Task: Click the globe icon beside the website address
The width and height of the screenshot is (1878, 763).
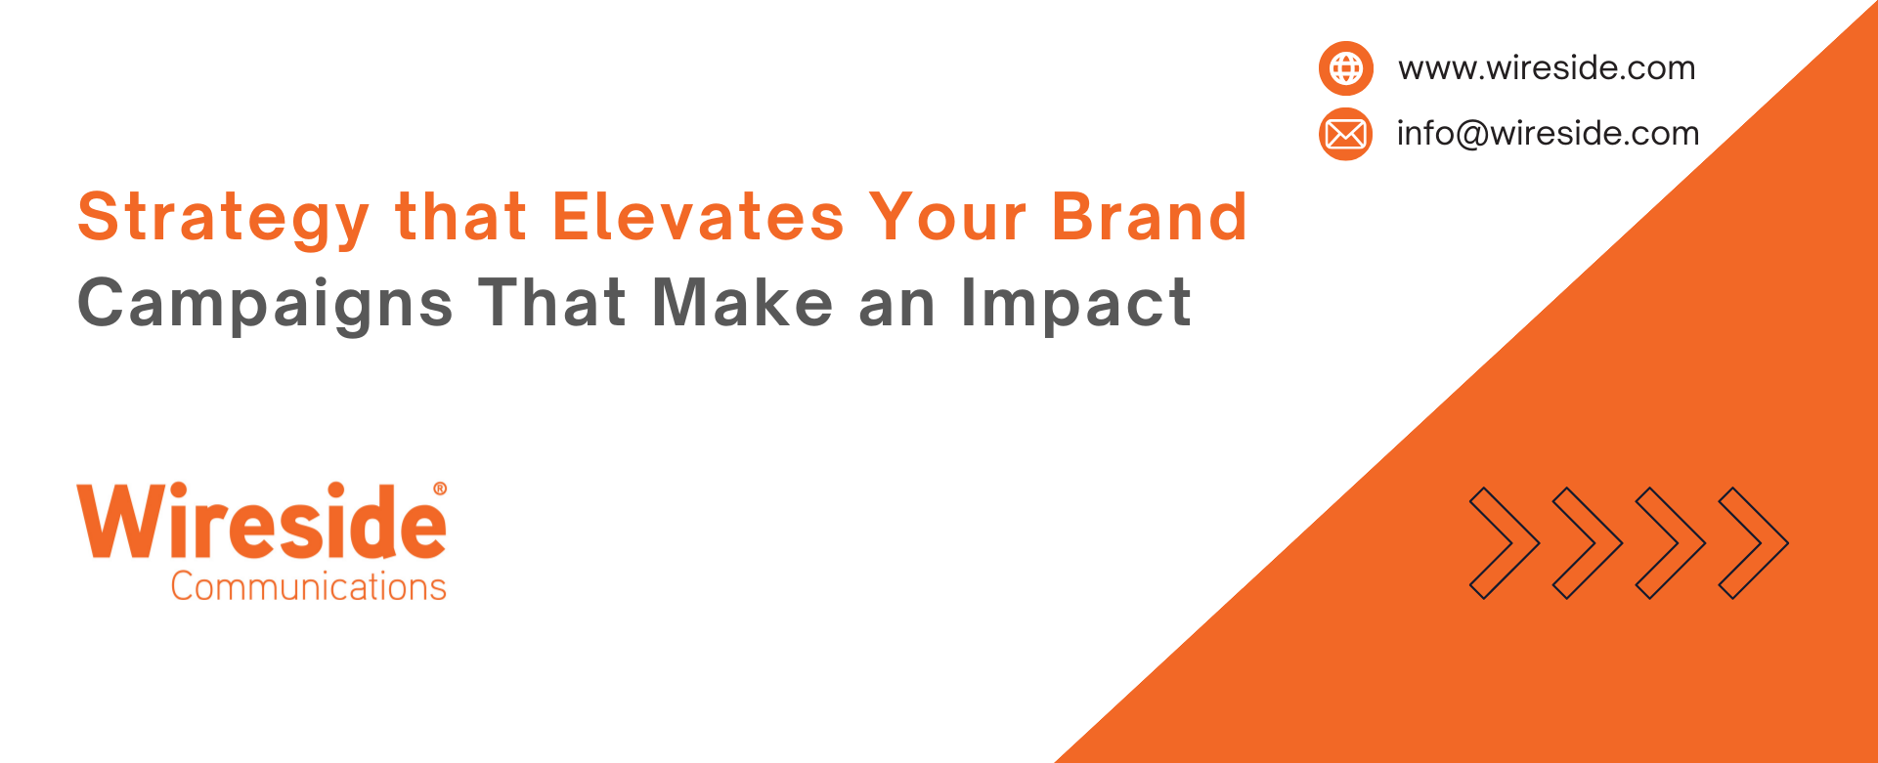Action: click(1346, 68)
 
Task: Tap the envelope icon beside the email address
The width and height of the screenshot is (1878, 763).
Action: click(1346, 134)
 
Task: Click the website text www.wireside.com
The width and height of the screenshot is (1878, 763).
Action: click(1547, 68)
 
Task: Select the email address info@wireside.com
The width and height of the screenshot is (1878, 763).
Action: click(1548, 133)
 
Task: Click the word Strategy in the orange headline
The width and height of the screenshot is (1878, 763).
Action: click(224, 218)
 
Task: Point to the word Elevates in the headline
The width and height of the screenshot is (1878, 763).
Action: click(698, 216)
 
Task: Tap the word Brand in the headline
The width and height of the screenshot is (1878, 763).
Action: click(1150, 216)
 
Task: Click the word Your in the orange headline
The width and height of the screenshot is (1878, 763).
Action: click(948, 216)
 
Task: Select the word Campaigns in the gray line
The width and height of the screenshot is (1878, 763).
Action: click(266, 304)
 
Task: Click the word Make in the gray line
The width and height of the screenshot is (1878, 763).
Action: click(742, 302)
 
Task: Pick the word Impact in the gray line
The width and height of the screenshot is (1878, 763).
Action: click(1076, 304)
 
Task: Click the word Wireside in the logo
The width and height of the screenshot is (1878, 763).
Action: click(262, 521)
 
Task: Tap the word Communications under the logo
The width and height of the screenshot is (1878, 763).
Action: click(309, 586)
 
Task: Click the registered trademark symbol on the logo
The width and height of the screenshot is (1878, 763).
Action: click(440, 488)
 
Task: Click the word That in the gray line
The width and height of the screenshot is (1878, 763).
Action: click(552, 302)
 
